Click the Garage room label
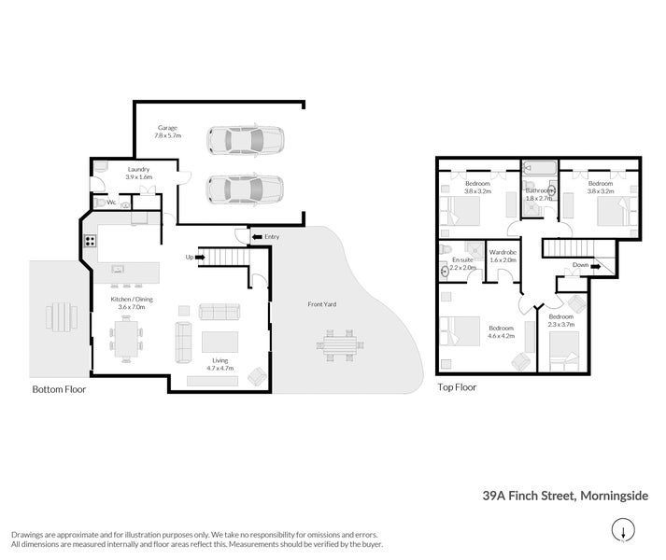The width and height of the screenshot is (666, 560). click(x=167, y=127)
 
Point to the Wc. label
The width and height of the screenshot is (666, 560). click(x=110, y=202)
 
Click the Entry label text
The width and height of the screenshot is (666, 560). click(x=272, y=237)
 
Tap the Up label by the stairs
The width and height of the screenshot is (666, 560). click(x=190, y=257)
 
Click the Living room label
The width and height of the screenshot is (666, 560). click(x=220, y=360)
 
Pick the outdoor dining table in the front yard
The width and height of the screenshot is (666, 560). click(x=339, y=343)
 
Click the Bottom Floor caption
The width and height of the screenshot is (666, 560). click(x=59, y=389)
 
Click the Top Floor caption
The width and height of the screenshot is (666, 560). click(x=457, y=385)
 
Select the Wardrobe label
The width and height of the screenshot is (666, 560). click(x=503, y=252)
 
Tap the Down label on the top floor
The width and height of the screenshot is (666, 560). click(x=581, y=265)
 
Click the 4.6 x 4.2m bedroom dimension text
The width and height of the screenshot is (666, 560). click(x=502, y=336)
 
